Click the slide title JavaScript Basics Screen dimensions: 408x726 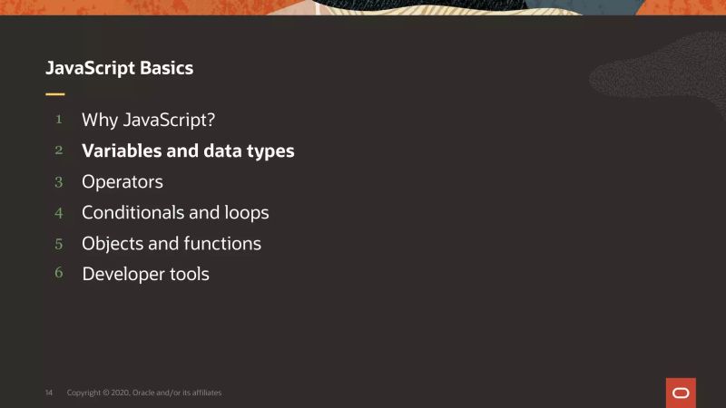119,68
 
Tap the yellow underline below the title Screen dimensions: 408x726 55,93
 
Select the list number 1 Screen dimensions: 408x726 59,119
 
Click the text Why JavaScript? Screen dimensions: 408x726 148,120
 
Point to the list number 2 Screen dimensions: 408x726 59,151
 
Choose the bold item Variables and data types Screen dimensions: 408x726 188,151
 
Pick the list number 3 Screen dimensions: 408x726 59,181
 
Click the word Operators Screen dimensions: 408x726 123,182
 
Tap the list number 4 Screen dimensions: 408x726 59,213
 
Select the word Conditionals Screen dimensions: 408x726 132,213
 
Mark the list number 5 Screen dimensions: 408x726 59,244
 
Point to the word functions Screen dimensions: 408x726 222,244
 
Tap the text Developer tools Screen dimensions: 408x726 145,274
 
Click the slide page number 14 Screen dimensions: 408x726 49,393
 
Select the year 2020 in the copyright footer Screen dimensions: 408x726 119,393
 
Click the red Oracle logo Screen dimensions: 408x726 681,393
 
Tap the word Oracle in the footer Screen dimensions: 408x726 144,393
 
